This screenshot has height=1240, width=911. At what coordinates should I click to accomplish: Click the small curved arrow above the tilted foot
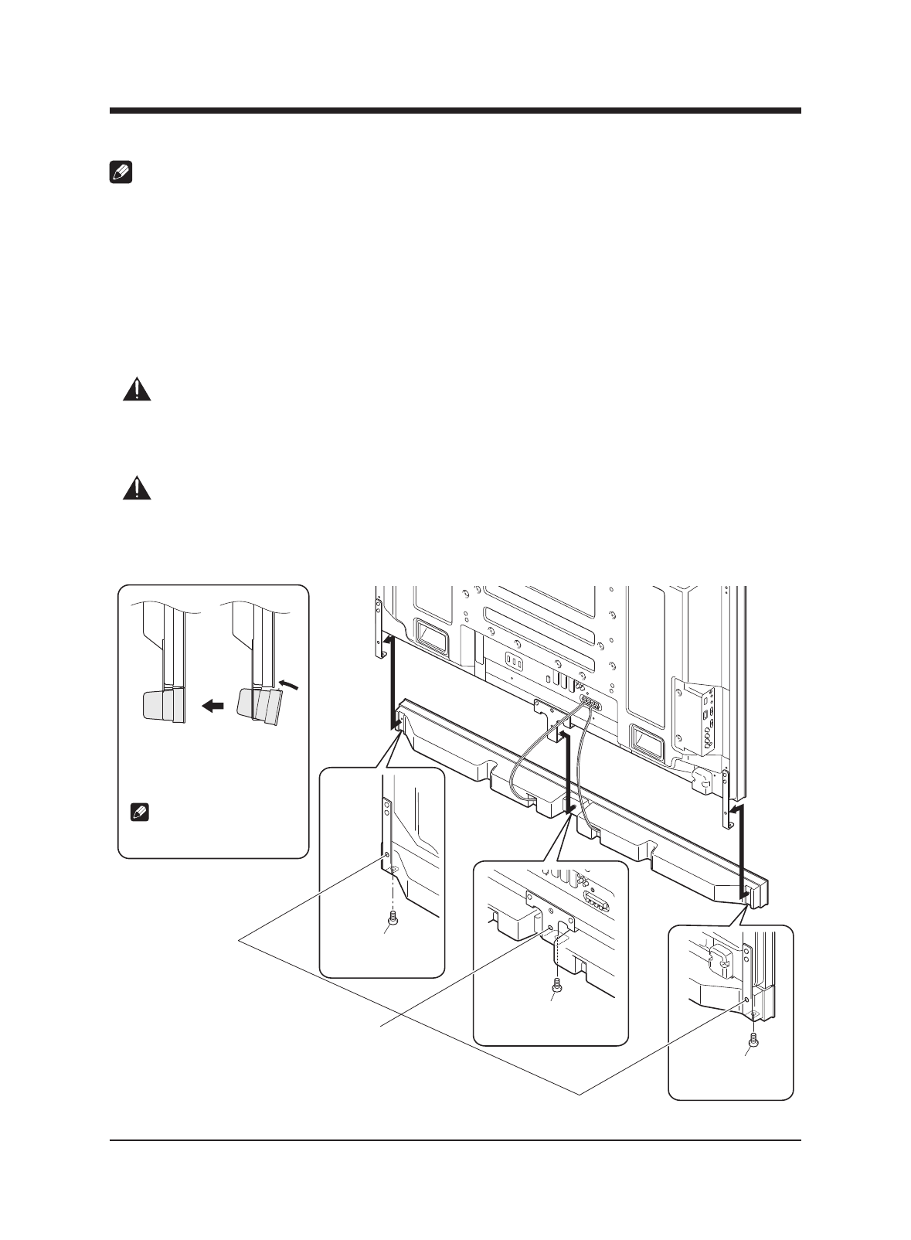pos(287,683)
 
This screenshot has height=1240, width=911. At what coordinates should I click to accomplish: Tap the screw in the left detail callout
pos(394,918)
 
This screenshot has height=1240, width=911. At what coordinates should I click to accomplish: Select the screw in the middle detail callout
pos(556,984)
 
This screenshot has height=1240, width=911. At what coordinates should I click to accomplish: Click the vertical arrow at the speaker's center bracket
pos(568,773)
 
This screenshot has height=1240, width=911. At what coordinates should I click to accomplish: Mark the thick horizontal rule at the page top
pos(455,111)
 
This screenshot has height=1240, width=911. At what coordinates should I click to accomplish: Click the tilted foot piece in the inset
pos(260,706)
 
